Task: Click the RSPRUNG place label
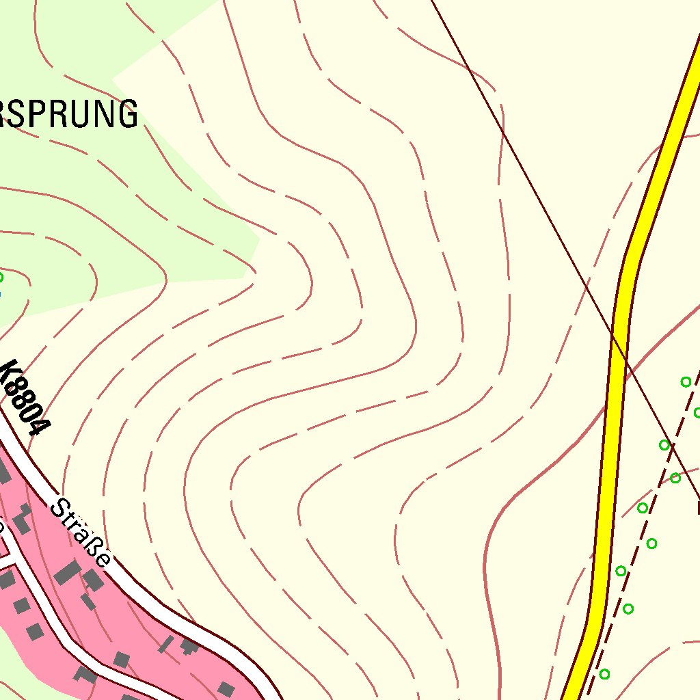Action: [68, 114]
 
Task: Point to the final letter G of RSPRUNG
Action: [126, 114]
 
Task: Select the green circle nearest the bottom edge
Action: [604, 674]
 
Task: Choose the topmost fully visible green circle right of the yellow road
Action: [686, 382]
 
